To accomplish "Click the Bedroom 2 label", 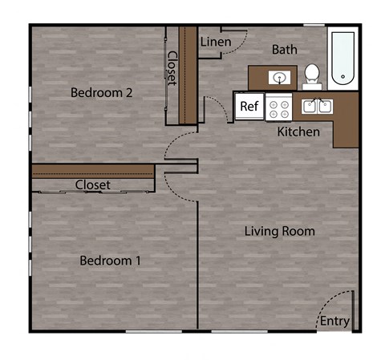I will [x=101, y=92].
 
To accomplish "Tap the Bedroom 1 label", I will [x=111, y=261].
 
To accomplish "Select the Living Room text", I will [x=279, y=232].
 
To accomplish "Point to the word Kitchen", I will [x=298, y=131].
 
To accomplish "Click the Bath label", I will [x=284, y=50].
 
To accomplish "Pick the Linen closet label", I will [x=216, y=42].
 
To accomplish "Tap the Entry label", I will [x=334, y=322].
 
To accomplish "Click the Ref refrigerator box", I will [x=249, y=106].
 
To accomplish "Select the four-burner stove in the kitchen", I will [x=278, y=107].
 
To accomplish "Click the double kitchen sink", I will [x=318, y=106].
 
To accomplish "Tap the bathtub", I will [x=342, y=58].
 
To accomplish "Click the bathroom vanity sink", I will [x=280, y=78].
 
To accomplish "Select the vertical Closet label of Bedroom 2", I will [x=172, y=69].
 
